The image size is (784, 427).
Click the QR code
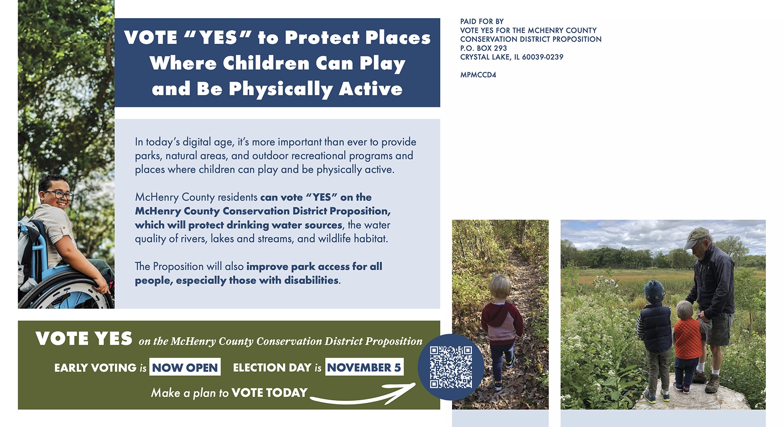point(451,367)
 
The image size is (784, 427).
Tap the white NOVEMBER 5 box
point(364,367)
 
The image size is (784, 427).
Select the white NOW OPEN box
point(185,367)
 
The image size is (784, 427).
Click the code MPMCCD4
point(478,75)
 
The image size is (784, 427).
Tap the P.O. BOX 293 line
point(483,48)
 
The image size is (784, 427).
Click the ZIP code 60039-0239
point(543,57)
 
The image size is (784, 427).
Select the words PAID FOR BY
point(482,21)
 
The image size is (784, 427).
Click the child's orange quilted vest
point(688,338)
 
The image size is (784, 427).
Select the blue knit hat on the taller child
point(654,291)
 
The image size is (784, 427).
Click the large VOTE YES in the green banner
point(84,339)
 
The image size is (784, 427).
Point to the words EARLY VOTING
point(95,368)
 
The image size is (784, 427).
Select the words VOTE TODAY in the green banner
point(269,393)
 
